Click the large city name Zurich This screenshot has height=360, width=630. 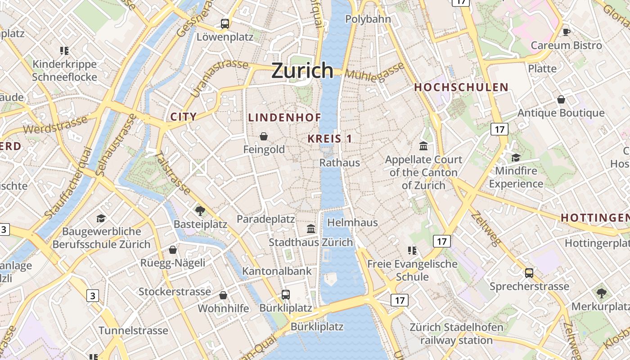(302, 71)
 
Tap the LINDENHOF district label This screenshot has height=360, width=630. (285, 118)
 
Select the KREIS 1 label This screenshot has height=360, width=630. (330, 139)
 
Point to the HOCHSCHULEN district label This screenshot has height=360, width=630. (461, 87)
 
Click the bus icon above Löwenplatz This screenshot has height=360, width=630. (225, 24)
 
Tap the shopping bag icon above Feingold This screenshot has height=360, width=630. (264, 136)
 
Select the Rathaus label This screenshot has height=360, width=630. (340, 162)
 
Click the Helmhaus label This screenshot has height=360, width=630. (352, 222)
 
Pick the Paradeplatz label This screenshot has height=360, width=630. (266, 219)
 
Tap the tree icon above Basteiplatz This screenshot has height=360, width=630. (200, 210)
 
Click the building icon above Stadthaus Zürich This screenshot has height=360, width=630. (311, 229)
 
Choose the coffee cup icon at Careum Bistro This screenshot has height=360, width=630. (566, 32)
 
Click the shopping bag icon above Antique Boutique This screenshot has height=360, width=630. (561, 99)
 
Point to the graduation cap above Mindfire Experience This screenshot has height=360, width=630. (516, 157)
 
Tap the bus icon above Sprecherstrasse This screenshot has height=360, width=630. (529, 273)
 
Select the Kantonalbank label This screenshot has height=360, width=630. (277, 271)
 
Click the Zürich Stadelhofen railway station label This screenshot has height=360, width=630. (456, 333)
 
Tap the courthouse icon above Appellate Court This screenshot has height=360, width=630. (423, 146)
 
